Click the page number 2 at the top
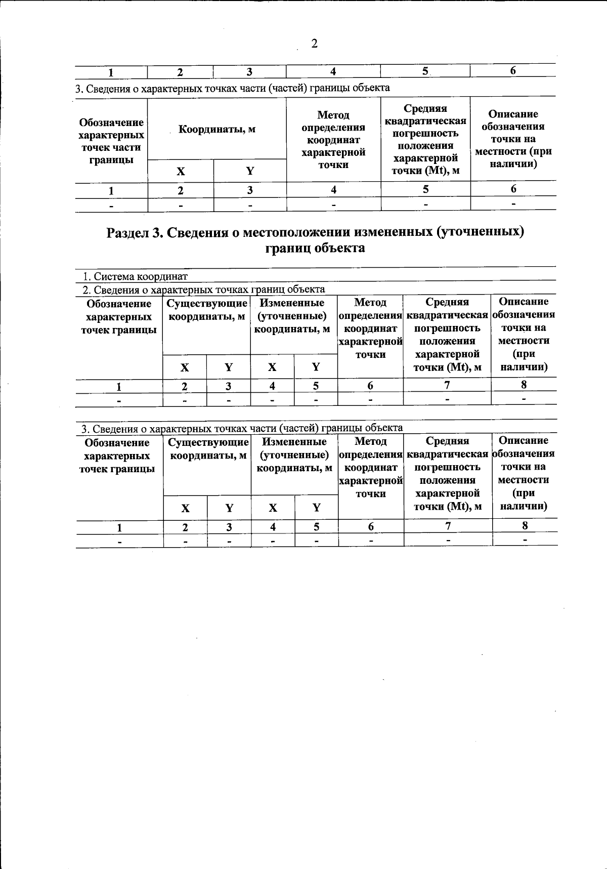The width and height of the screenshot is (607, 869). [x=314, y=44]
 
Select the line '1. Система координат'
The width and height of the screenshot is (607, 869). [x=135, y=276]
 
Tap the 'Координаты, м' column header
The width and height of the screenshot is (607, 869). [x=217, y=129]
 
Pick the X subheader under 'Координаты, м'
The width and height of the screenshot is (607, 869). [x=181, y=171]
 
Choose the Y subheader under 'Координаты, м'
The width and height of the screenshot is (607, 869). [x=250, y=171]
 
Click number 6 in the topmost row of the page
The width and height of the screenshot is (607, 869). [x=512, y=71]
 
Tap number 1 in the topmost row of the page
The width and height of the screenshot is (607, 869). [x=111, y=72]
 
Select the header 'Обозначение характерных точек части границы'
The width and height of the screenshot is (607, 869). [x=111, y=141]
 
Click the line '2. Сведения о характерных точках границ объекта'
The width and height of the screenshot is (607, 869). [x=203, y=289]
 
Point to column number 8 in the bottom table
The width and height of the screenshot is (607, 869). [x=525, y=525]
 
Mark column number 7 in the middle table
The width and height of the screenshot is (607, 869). [x=447, y=385]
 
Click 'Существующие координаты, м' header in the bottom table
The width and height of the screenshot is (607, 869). [x=208, y=449]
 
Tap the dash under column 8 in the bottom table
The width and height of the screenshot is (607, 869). [x=525, y=540]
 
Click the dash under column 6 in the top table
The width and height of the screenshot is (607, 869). [x=513, y=203]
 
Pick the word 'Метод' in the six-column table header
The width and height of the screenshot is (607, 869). [x=333, y=115]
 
